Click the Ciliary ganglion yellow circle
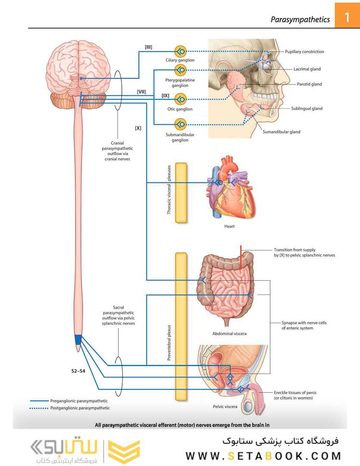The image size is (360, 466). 180,51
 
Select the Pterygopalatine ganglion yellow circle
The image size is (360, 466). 180,70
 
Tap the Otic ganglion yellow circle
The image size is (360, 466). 180,99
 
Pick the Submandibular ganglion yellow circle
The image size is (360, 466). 180,124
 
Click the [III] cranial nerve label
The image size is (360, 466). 148,47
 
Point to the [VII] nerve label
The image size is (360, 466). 141,92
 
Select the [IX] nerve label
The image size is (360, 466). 166,96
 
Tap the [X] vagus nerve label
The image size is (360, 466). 138,128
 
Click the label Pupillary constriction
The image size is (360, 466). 304,52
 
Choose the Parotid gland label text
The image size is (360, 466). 309,84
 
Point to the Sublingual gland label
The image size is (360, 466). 307,108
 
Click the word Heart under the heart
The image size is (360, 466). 229,227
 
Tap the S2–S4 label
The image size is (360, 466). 78,371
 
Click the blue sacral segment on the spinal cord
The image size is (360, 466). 78,340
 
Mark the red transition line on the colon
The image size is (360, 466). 241,257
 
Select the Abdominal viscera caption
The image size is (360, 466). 229,334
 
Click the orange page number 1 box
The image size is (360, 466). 347,16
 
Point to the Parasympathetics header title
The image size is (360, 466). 300,19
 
